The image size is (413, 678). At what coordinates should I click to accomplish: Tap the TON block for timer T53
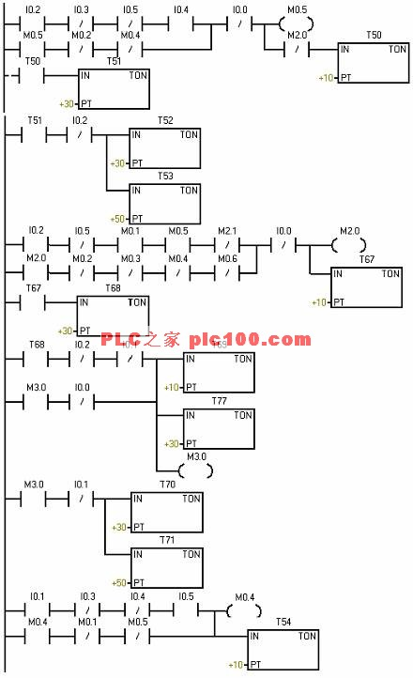click(164, 202)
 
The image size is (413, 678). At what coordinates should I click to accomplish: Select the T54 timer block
click(283, 650)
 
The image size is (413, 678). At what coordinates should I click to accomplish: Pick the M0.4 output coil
click(244, 610)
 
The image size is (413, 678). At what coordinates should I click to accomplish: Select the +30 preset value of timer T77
click(171, 443)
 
